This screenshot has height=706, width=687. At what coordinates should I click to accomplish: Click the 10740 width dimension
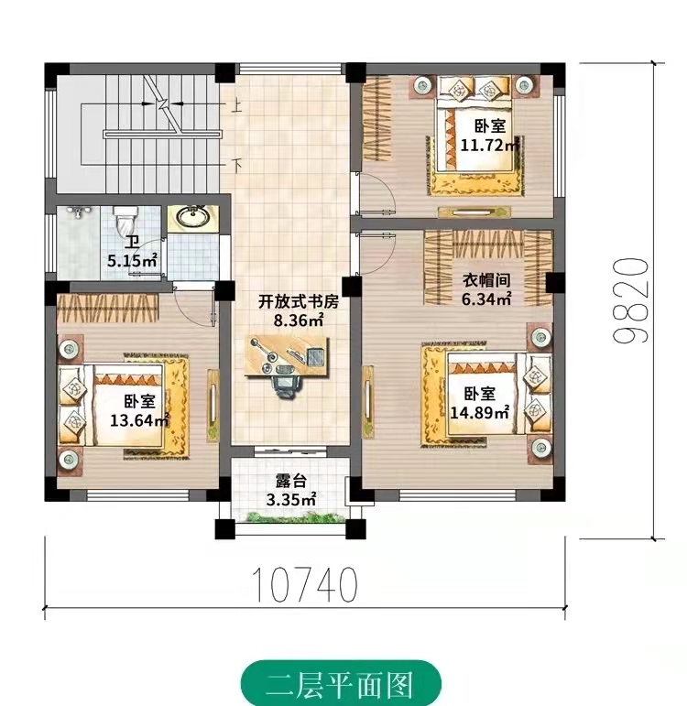click(305, 584)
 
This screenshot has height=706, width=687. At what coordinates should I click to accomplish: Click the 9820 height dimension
click(632, 300)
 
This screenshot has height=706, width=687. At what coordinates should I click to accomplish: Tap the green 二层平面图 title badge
click(341, 683)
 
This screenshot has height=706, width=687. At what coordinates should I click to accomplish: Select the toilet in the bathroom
click(125, 221)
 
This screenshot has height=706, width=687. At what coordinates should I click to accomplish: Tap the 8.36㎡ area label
click(299, 320)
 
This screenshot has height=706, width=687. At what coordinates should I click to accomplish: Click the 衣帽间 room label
click(486, 280)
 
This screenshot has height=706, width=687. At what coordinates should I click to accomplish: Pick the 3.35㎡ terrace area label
click(290, 499)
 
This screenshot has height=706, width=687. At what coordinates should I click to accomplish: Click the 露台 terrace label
click(290, 482)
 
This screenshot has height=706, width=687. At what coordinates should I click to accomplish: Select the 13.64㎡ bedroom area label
click(139, 420)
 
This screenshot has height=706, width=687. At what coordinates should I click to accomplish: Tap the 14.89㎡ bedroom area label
click(480, 412)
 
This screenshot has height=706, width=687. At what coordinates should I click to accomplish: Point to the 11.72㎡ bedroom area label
click(489, 145)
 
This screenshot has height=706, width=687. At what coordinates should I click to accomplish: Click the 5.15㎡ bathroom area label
click(133, 260)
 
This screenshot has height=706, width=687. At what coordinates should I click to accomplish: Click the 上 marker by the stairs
click(235, 107)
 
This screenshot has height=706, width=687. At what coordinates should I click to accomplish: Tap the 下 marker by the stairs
click(236, 165)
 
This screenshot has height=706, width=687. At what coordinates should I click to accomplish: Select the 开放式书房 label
click(299, 301)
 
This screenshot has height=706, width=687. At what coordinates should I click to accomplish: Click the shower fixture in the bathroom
click(79, 212)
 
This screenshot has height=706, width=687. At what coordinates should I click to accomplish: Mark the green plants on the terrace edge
click(292, 517)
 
